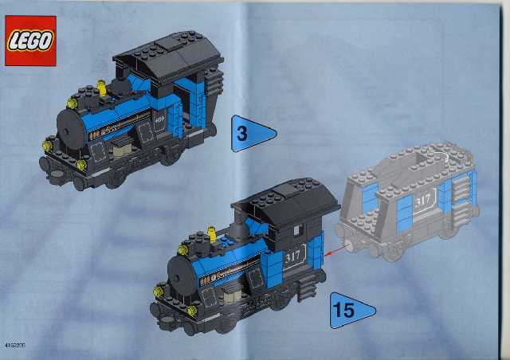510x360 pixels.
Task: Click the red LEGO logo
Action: point(30,41)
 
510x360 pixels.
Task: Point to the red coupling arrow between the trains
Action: point(339,250)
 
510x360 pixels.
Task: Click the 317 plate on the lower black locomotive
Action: point(293,256)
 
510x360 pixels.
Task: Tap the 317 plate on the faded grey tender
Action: point(422,199)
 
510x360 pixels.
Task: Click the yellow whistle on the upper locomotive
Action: point(102,84)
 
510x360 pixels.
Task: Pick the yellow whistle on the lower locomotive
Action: point(213,233)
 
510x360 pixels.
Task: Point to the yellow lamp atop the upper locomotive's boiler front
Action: point(73,102)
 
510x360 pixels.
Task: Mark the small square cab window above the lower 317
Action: point(296,230)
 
